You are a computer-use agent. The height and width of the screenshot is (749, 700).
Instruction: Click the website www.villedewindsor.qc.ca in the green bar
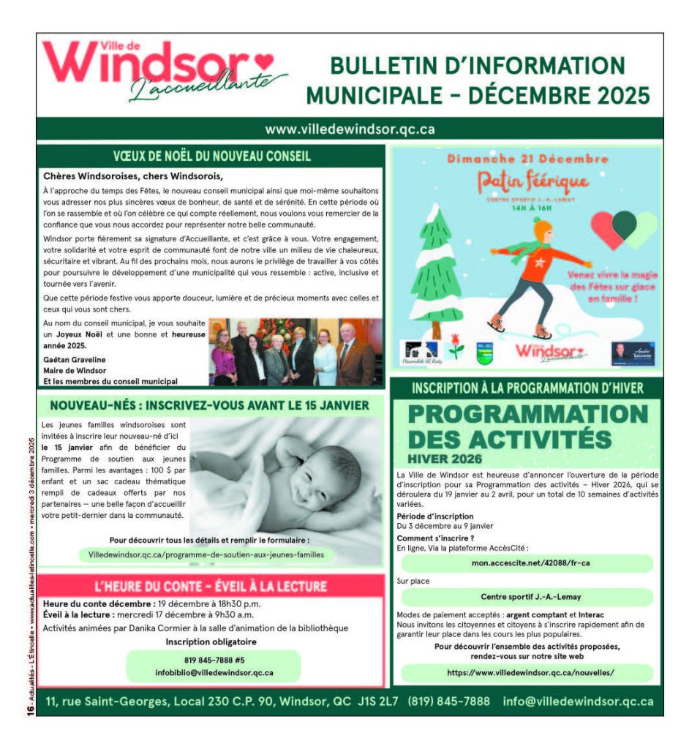[350, 129]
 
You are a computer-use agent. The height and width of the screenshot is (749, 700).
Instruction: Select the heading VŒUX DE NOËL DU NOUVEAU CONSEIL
[211, 156]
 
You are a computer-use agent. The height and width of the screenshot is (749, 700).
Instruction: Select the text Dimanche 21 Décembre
[527, 159]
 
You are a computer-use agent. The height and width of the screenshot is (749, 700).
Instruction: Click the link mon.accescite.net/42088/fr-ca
[526, 563]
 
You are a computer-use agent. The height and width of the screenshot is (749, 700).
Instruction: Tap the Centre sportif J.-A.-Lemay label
[526, 597]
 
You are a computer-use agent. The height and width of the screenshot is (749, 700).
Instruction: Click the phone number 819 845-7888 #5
[214, 659]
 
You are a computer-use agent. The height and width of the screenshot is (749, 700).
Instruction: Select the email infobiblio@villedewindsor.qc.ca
[214, 671]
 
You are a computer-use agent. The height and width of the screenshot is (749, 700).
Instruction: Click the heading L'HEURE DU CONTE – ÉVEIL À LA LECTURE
[211, 587]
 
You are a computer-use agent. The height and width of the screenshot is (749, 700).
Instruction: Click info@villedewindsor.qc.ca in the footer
[578, 701]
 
